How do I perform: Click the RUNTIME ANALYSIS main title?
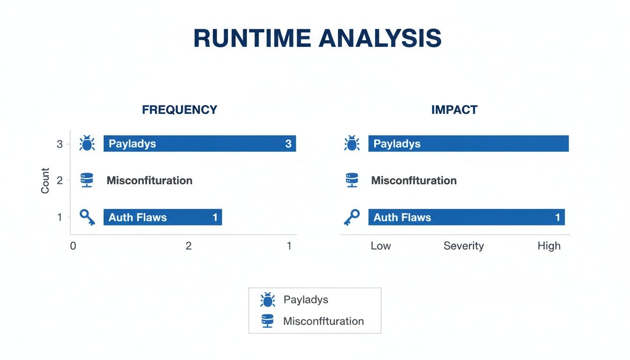click(x=317, y=39)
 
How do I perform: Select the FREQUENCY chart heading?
click(x=180, y=110)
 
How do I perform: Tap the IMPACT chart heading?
click(x=454, y=110)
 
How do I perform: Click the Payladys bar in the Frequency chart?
click(x=200, y=143)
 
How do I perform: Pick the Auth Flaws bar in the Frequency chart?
click(x=163, y=217)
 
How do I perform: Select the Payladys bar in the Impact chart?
click(x=468, y=143)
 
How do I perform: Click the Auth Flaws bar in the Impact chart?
click(x=466, y=217)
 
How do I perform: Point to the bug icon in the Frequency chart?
click(x=87, y=143)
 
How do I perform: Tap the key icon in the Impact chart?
click(x=352, y=217)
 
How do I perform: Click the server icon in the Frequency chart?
click(x=87, y=180)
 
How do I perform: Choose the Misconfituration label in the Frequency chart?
click(x=150, y=180)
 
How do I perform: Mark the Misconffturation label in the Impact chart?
click(x=414, y=180)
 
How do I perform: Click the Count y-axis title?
click(x=45, y=180)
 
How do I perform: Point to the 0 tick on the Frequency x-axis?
click(x=73, y=246)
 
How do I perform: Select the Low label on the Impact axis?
click(x=381, y=246)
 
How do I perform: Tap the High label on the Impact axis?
click(x=549, y=246)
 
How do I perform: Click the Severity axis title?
click(x=464, y=246)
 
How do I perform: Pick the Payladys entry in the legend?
click(x=306, y=300)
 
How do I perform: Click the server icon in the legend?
click(x=268, y=321)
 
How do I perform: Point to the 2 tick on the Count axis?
click(x=60, y=180)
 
